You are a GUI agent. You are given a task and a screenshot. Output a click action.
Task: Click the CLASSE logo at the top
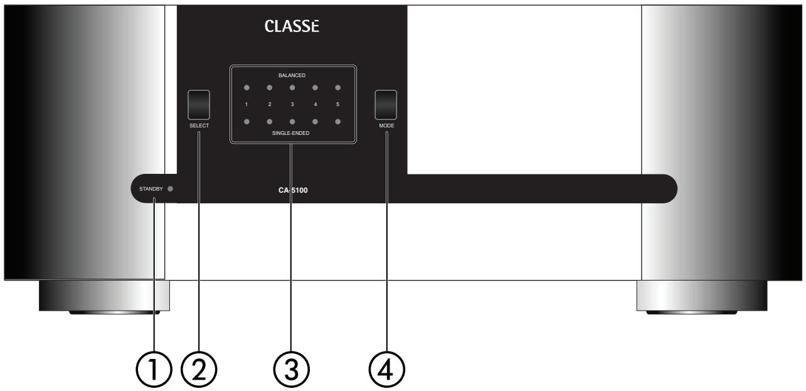point(292,28)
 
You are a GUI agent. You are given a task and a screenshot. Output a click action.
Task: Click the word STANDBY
point(147,189)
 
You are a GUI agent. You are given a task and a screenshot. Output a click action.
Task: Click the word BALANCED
point(292,75)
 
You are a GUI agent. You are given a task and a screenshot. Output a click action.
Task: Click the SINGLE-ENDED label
point(292,133)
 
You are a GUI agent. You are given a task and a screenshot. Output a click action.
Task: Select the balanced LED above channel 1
point(247,88)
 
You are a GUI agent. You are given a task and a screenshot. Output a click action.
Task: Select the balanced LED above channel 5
point(337,88)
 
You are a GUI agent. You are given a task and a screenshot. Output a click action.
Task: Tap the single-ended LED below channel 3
point(292,121)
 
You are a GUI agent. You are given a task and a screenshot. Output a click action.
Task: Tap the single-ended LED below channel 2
point(270,121)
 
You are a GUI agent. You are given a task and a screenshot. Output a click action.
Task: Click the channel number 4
point(315,104)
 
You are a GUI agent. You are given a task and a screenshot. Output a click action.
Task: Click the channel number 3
point(292,104)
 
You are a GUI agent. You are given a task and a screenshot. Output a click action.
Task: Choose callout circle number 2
point(198,368)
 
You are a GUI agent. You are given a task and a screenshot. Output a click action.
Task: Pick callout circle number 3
point(292,368)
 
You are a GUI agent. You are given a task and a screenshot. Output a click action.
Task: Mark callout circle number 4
point(386,368)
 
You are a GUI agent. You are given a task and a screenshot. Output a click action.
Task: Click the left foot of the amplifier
point(103,297)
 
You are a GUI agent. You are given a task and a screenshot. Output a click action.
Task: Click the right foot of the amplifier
point(701,297)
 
